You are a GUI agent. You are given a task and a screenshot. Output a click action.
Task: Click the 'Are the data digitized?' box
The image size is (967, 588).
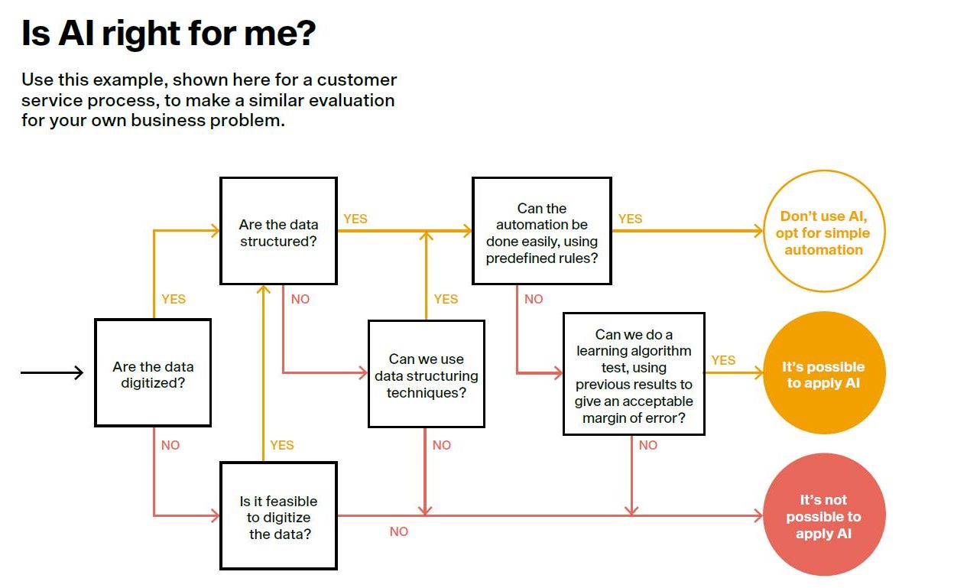pyautogui.click(x=153, y=373)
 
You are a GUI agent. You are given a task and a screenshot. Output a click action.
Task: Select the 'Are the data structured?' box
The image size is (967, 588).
pyautogui.click(x=278, y=231)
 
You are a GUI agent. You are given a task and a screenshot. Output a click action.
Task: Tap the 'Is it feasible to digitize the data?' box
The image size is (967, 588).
pyautogui.click(x=278, y=516)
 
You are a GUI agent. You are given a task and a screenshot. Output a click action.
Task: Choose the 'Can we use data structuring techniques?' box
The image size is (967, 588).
pyautogui.click(x=427, y=374)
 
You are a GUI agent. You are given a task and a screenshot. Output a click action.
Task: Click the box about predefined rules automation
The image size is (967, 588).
pyautogui.click(x=542, y=231)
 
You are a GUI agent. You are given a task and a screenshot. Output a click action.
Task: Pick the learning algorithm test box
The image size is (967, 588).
pyautogui.click(x=634, y=374)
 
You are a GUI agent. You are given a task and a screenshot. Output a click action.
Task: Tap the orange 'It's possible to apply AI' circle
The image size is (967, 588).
pyautogui.click(x=824, y=373)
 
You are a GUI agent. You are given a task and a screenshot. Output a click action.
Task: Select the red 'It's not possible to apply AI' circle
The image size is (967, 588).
pyautogui.click(x=824, y=515)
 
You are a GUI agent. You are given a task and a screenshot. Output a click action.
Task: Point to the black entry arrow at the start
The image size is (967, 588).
pyautogui.click(x=52, y=372)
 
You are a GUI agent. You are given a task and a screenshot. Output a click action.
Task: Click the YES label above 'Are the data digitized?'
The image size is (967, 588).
pyautogui.click(x=174, y=299)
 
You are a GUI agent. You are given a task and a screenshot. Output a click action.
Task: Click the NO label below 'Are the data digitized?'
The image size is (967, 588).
pyautogui.click(x=170, y=445)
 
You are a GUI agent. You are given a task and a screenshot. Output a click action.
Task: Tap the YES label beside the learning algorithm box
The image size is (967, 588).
pyautogui.click(x=723, y=360)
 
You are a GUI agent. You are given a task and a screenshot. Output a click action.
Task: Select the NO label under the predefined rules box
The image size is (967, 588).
pyautogui.click(x=534, y=299)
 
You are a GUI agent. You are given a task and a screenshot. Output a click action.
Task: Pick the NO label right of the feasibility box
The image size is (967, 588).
pyautogui.click(x=398, y=531)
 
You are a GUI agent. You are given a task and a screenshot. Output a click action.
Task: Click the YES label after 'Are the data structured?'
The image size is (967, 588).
pyautogui.click(x=355, y=219)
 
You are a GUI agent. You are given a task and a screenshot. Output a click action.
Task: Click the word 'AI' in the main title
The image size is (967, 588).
pyautogui.click(x=76, y=33)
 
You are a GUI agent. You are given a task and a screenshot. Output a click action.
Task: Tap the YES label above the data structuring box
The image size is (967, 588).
pyautogui.click(x=446, y=299)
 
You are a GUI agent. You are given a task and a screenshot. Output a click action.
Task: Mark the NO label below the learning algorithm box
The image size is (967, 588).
pyautogui.click(x=648, y=445)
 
